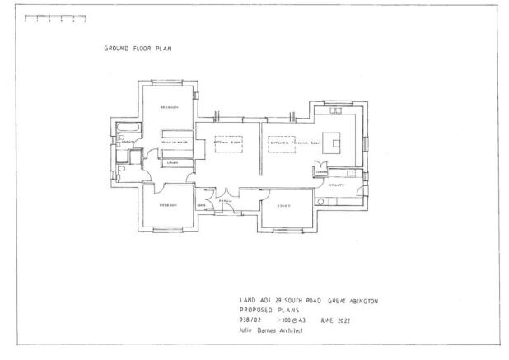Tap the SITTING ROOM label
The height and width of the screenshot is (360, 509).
(x=226, y=142)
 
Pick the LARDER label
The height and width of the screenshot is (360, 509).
(x=318, y=171)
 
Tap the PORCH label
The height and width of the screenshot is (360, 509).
(x=225, y=200)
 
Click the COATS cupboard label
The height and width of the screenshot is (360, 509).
(x=201, y=205)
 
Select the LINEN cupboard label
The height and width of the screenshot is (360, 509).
(x=173, y=162)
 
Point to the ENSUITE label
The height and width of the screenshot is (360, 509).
(x=128, y=143)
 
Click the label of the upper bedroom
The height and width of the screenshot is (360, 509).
(x=168, y=105)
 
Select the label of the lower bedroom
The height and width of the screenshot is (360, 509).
(x=168, y=206)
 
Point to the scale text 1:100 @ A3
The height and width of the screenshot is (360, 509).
(x=288, y=319)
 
